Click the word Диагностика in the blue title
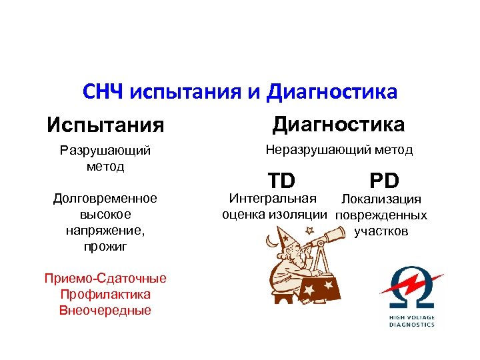pyautogui.click(x=331, y=91)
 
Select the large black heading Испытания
pyautogui.click(x=105, y=125)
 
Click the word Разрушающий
pyautogui.click(x=105, y=151)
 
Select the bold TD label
pyautogui.click(x=282, y=180)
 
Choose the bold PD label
pyautogui.click(x=384, y=181)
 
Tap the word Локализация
pyautogui.click(x=381, y=199)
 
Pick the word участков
pyautogui.click(x=381, y=231)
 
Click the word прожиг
pyautogui.click(x=105, y=247)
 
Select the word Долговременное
pyautogui.click(x=105, y=198)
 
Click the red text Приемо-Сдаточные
pyautogui.click(x=105, y=279)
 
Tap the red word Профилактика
pyautogui.click(x=105, y=294)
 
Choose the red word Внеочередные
pyautogui.click(x=105, y=310)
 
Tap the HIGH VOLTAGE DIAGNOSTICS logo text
pyautogui.click(x=411, y=321)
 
